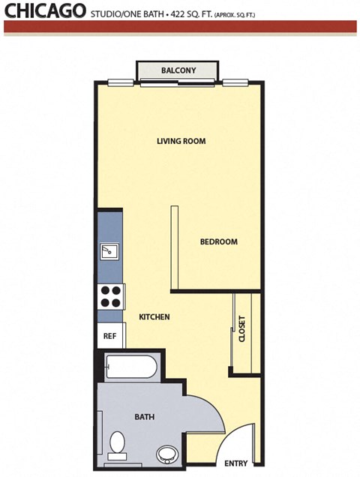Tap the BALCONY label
pyautogui.click(x=178, y=71)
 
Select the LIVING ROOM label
pyautogui.click(x=181, y=141)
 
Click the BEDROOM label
pyautogui.click(x=218, y=241)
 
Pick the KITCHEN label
pyautogui.click(x=154, y=317)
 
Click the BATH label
pyautogui.click(x=144, y=416)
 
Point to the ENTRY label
pyautogui.click(x=236, y=463)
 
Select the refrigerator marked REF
pyautogui.click(x=109, y=336)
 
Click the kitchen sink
pyautogui.click(x=110, y=250)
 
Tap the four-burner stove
pyautogui.click(x=111, y=297)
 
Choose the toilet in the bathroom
pyautogui.click(x=117, y=445)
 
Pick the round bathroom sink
pyautogui.click(x=166, y=454)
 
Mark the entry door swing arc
pyautogui.click(x=238, y=439)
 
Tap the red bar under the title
pyautogui.click(x=180, y=27)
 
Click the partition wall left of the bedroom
pyautogui.click(x=173, y=247)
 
